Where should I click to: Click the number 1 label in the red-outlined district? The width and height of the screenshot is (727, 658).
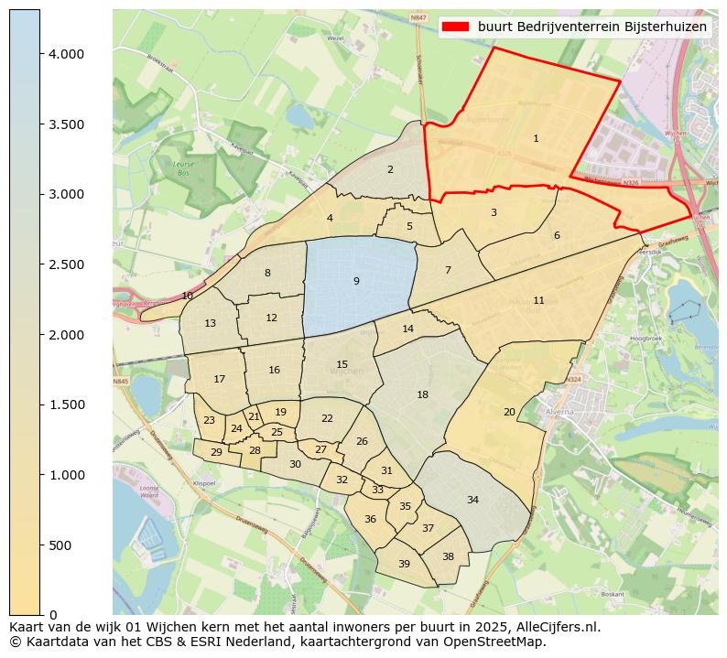536,138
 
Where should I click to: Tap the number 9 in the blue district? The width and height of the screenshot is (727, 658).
356,281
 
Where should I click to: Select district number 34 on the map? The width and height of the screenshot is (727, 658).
472,500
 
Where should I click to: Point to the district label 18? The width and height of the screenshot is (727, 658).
422,394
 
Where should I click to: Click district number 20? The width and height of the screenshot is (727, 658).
509,412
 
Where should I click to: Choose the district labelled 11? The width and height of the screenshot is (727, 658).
538,300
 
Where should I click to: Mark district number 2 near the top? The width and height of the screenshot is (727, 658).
390,169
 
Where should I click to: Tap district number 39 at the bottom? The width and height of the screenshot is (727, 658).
404,564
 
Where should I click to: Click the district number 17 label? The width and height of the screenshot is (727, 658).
220,379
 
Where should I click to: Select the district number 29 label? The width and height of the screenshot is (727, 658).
216,452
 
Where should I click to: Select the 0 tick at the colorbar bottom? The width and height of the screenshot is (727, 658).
53,614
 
